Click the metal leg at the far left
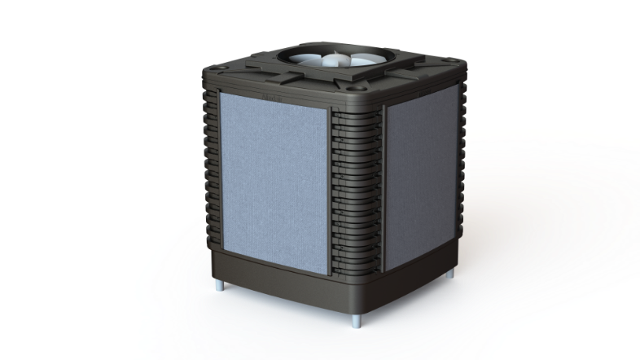(222, 286)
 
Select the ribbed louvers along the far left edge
(209, 163)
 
